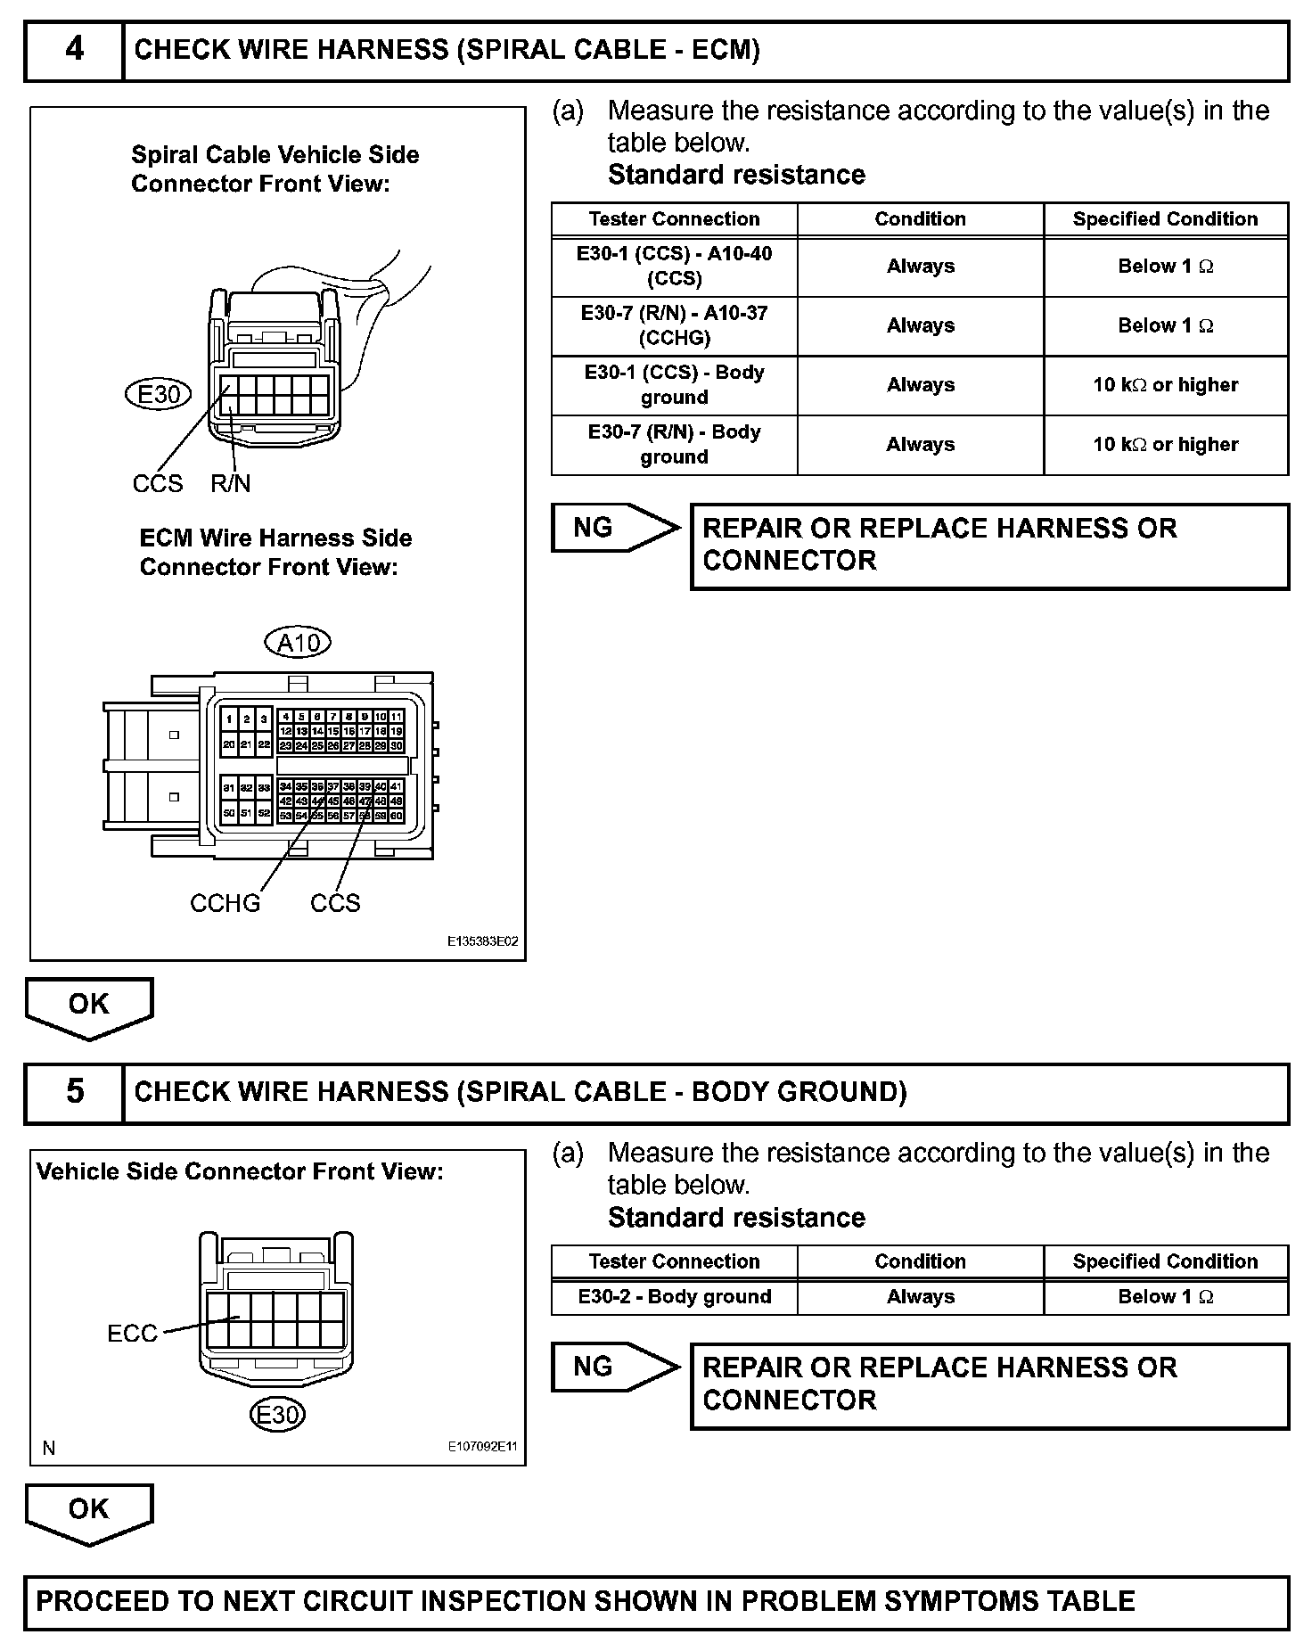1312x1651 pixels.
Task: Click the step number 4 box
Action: [x=74, y=49]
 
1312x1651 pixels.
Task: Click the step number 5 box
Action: [x=74, y=1092]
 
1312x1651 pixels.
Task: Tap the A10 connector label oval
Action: [x=299, y=643]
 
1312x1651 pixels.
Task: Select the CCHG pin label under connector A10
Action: [x=225, y=903]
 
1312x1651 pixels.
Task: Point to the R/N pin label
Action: [x=231, y=484]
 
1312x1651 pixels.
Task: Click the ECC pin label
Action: [x=132, y=1334]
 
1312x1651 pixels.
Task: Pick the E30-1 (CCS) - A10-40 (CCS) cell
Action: [x=674, y=266]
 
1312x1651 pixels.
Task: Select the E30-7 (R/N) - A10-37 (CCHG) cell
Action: [x=674, y=325]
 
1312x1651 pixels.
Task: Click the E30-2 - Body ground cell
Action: [x=674, y=1297]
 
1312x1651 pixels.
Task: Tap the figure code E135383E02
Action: [x=482, y=941]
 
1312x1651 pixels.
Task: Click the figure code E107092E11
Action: [x=482, y=1447]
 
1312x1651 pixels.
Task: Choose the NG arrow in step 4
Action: [x=615, y=528]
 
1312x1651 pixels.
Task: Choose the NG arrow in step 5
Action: [x=615, y=1367]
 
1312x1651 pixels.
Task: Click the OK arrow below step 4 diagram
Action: [x=89, y=1006]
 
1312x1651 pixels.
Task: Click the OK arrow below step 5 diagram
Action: [x=89, y=1511]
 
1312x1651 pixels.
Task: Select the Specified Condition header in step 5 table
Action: [x=1165, y=1261]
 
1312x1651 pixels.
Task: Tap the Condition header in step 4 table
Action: [x=920, y=219]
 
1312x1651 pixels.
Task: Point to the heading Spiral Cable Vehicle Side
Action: [x=275, y=155]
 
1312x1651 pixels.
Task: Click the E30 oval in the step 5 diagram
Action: [x=278, y=1415]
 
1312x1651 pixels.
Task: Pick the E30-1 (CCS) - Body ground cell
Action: [x=674, y=385]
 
